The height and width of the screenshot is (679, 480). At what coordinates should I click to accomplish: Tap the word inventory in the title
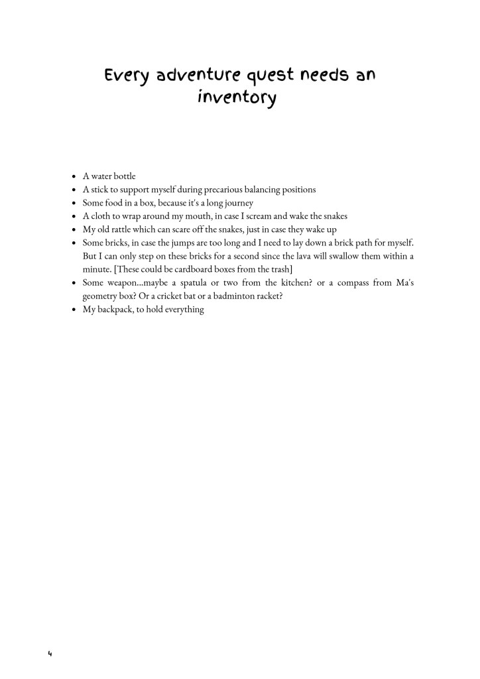point(236,99)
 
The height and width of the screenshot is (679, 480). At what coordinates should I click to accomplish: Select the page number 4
point(50,654)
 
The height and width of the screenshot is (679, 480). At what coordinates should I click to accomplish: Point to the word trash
point(280,269)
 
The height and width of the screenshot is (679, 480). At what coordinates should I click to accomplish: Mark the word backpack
point(115,310)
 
